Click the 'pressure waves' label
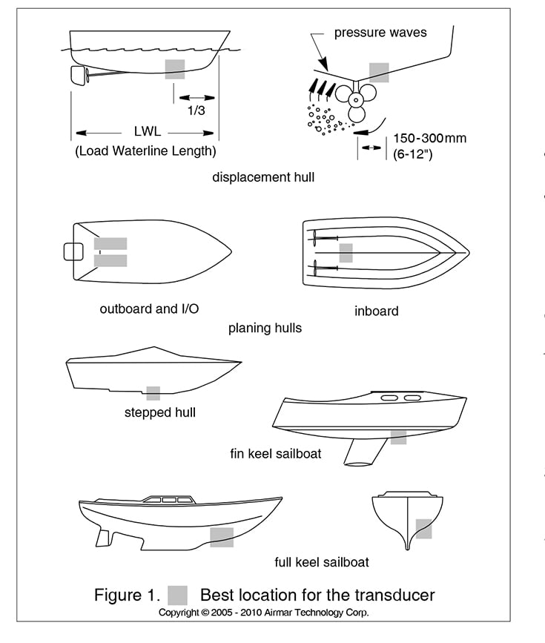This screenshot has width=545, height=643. pos(380,33)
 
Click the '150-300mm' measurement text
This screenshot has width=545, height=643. pos(430,139)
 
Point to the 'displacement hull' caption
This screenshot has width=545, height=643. pos(263,177)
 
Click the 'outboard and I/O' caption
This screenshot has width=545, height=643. pos(149,309)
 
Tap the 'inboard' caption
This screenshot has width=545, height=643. pos(376,311)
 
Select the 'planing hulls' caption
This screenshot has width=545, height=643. pos(265,328)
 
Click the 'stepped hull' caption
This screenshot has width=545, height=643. pos(160,412)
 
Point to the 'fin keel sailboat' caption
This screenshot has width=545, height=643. pos(276,453)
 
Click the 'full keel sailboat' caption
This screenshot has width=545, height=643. pos(321,561)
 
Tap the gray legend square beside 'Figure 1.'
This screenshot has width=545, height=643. pos(177,595)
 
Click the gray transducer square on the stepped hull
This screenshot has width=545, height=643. pos(153,393)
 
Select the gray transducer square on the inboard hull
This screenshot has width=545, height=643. pos(346,253)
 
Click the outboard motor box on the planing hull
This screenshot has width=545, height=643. pos(73,251)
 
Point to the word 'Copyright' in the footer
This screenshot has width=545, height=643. pos(179,613)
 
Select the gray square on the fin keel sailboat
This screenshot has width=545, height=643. pos(398,437)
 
